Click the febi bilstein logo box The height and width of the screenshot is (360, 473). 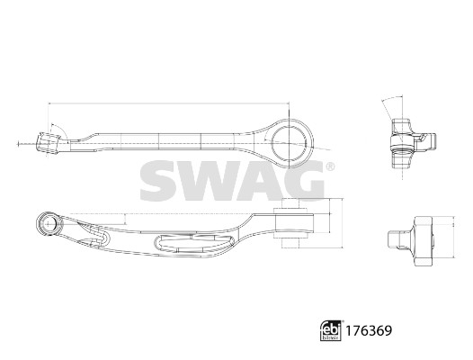click(331, 330)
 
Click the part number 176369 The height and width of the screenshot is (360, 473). click(369, 330)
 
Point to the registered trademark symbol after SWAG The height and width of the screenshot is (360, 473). click(330, 166)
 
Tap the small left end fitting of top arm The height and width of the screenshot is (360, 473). click(48, 143)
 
